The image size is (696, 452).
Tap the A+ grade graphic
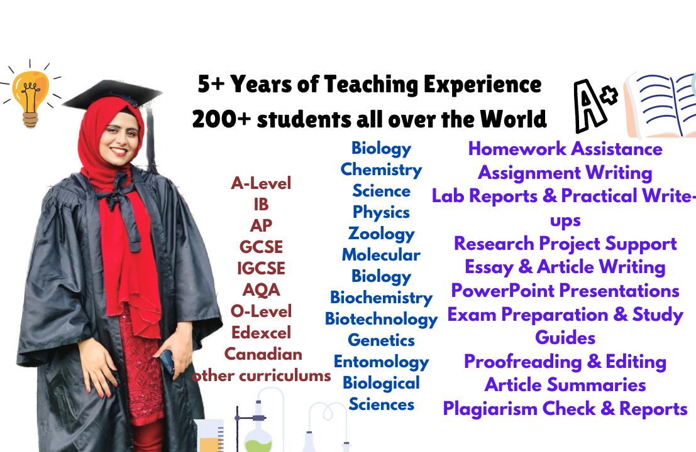click(594, 105)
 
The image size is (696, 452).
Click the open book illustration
click(661, 105)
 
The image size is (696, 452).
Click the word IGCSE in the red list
click(261, 268)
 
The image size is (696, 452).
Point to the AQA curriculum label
click(261, 290)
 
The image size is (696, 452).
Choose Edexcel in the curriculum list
click(261, 332)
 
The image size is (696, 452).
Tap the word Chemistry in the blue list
click(381, 169)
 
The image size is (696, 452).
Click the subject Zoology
click(381, 234)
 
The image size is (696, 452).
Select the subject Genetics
click(381, 340)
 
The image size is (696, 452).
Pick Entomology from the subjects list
click(381, 362)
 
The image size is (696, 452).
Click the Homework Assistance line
click(565, 149)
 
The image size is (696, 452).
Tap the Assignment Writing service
click(565, 173)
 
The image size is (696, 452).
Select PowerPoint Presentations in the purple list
click(565, 291)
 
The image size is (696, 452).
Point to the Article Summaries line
click(565, 385)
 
